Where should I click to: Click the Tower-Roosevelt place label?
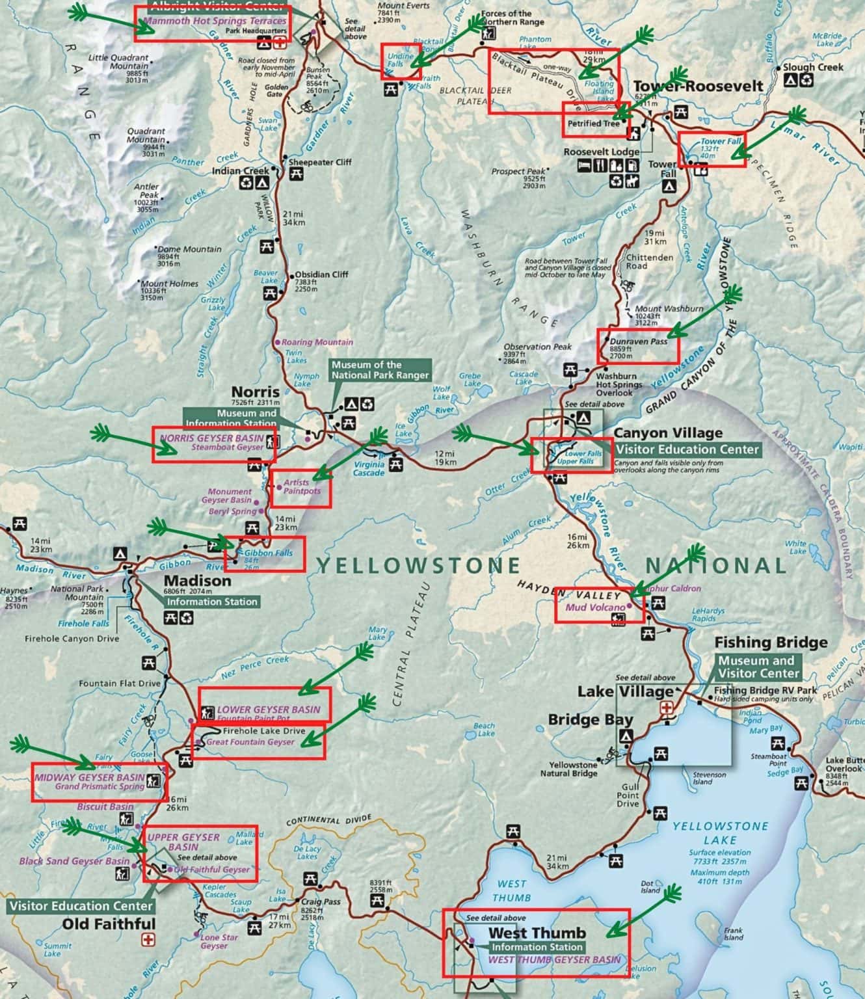pyautogui.click(x=698, y=87)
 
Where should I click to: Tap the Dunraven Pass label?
pyautogui.click(x=638, y=341)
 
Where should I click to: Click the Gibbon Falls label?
pyautogui.click(x=268, y=553)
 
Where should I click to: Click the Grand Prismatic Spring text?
pyautogui.click(x=100, y=786)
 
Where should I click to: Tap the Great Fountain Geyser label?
pyautogui.click(x=250, y=742)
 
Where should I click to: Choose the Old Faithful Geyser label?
pyautogui.click(x=212, y=869)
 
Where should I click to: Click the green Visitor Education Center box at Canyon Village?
pyautogui.click(x=687, y=449)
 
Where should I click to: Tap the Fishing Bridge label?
pyautogui.click(x=771, y=643)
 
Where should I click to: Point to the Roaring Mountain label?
pyautogui.click(x=317, y=342)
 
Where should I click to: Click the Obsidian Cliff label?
pyautogui.click(x=322, y=274)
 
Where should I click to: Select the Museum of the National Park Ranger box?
pyautogui.click(x=380, y=370)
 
